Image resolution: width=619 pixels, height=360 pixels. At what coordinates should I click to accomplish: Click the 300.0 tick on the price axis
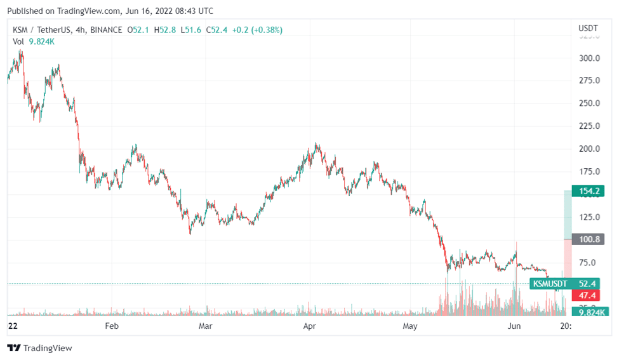(x=590, y=58)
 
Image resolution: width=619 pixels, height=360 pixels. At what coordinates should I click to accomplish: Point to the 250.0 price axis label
(x=590, y=103)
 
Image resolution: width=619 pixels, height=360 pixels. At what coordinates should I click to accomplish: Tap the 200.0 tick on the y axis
(x=590, y=149)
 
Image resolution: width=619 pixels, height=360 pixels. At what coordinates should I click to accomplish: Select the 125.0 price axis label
(x=590, y=217)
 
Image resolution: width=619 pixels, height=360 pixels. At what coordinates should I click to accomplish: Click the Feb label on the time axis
(x=112, y=326)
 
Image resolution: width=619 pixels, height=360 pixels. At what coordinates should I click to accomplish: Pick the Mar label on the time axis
(x=205, y=326)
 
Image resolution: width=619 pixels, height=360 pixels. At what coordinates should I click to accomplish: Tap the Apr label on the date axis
(x=310, y=326)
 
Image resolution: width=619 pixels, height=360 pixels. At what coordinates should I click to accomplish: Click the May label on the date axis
(x=410, y=326)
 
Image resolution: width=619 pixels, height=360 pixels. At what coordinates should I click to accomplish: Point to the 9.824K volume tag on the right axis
(x=590, y=312)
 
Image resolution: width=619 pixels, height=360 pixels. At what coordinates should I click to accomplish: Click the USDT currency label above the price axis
(x=588, y=29)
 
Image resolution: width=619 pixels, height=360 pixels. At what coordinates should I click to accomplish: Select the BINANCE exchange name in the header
(x=107, y=30)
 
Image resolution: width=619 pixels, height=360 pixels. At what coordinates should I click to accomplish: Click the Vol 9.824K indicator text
(x=34, y=41)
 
